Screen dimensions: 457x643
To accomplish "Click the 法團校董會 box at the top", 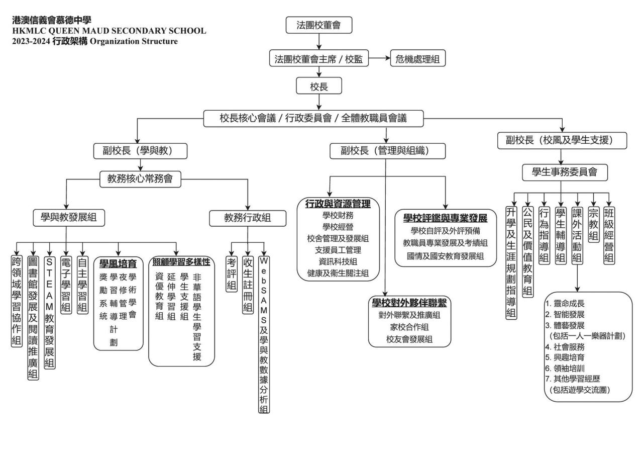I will coord(319,26).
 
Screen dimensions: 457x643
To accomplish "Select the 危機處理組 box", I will coord(418,59).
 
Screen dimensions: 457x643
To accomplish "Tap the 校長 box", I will coord(319,86).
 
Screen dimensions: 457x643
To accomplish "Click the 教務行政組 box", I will coord(247,217).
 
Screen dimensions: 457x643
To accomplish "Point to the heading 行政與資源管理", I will coord(338,204).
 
